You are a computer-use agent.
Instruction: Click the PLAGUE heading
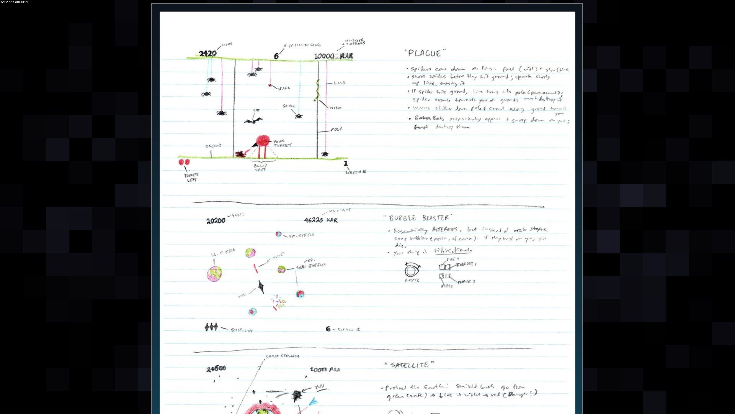click(425, 53)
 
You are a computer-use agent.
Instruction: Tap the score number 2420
click(208, 54)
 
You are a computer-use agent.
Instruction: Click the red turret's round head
click(263, 141)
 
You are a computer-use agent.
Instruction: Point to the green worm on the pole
click(317, 91)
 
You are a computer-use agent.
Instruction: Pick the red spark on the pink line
click(270, 85)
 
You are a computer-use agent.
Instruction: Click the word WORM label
click(335, 108)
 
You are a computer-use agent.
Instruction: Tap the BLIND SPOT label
click(261, 168)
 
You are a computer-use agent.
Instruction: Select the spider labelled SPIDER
click(299, 115)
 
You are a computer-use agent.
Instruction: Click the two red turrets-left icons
click(184, 162)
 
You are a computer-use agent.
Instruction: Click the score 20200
click(216, 221)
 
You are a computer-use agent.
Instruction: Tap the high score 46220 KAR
click(321, 220)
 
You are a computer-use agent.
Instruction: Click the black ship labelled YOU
click(261, 286)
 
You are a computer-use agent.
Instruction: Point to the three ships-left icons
click(211, 327)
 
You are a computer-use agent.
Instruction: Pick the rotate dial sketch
click(412, 271)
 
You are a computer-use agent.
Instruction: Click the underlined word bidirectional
click(453, 251)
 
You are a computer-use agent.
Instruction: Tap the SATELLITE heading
click(410, 365)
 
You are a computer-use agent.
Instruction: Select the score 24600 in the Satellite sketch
click(216, 369)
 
